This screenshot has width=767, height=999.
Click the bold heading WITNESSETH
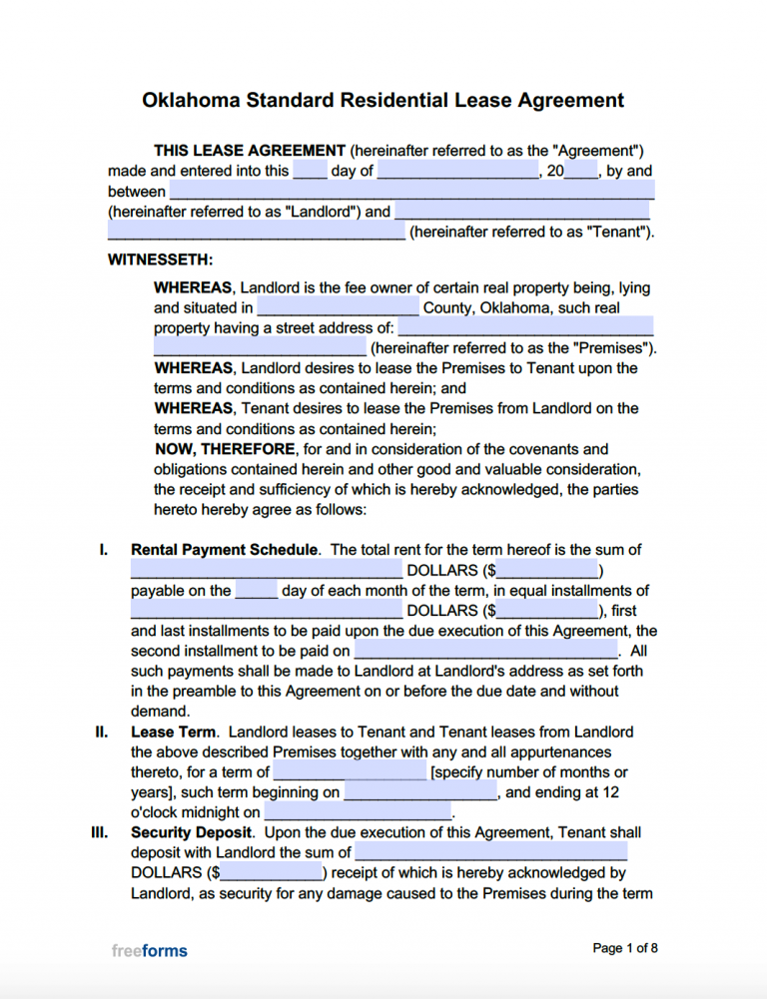pyautogui.click(x=160, y=259)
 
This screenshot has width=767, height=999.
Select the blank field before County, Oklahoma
pyautogui.click(x=338, y=308)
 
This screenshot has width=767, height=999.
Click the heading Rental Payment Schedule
pyautogui.click(x=225, y=550)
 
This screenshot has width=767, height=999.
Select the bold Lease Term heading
pyautogui.click(x=172, y=732)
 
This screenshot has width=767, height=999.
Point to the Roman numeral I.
pyautogui.click(x=103, y=550)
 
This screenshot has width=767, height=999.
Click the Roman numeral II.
pyautogui.click(x=101, y=732)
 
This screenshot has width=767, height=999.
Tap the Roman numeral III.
pyautogui.click(x=100, y=832)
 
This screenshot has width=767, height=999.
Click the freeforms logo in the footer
pyautogui.click(x=149, y=951)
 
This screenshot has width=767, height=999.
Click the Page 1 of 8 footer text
pyautogui.click(x=625, y=948)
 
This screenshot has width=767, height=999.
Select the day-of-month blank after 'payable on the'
pyautogui.click(x=257, y=591)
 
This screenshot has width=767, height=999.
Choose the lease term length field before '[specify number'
pyautogui.click(x=350, y=772)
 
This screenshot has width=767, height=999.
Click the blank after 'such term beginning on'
pyautogui.click(x=420, y=792)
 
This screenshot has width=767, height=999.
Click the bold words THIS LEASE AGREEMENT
pyautogui.click(x=249, y=151)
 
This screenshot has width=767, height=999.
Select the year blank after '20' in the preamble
pyautogui.click(x=581, y=171)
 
